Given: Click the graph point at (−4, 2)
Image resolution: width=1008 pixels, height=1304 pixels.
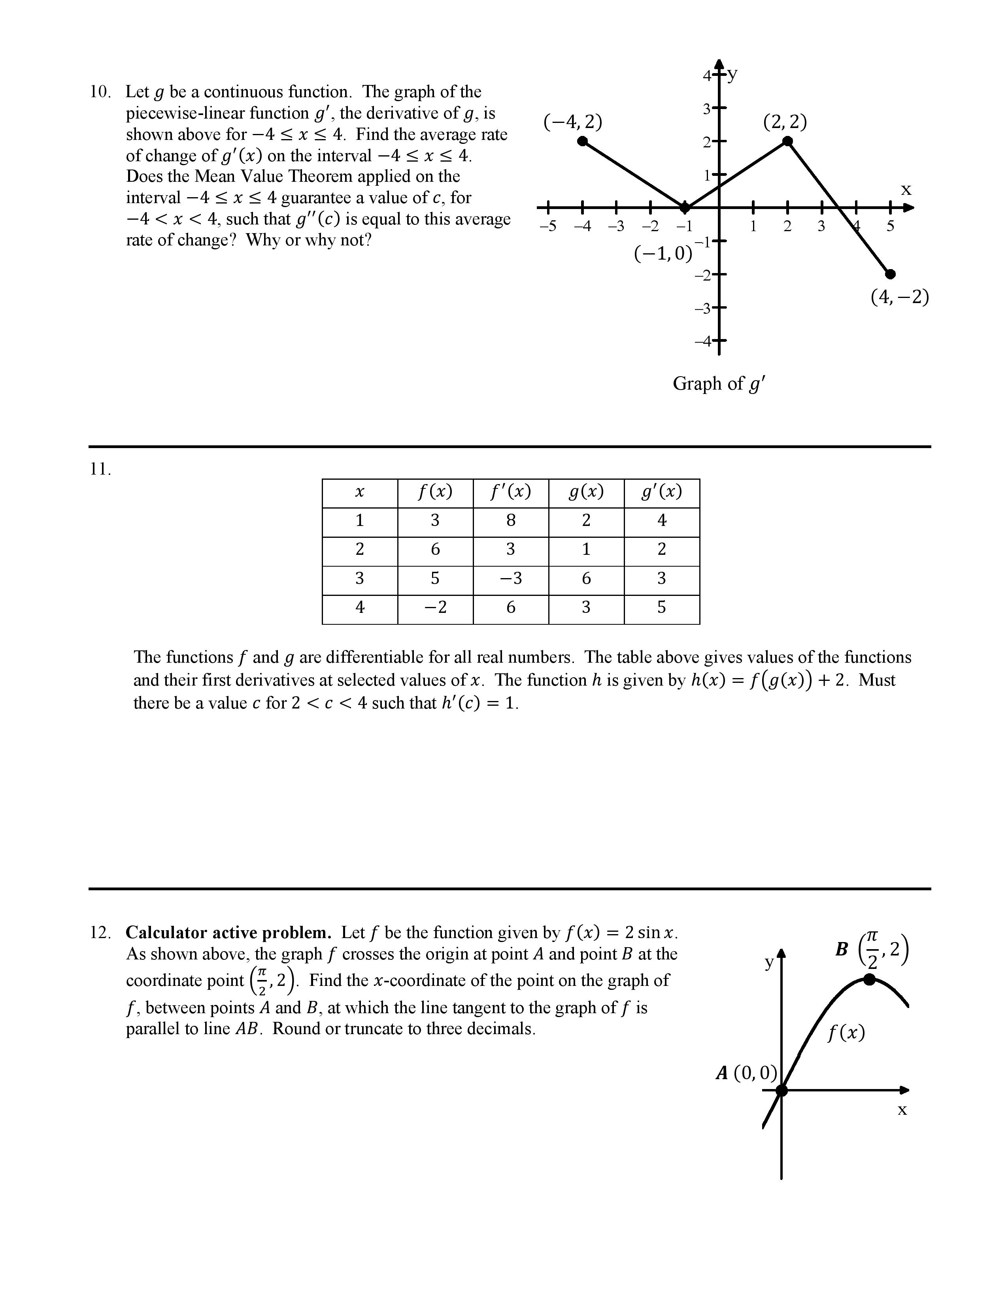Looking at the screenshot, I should click(583, 141).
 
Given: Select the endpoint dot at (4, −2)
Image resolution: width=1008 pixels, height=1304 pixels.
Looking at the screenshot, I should click(890, 274).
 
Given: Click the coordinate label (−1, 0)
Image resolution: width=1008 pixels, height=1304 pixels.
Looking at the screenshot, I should click(663, 253).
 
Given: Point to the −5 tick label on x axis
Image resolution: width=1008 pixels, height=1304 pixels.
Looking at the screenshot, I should click(547, 226).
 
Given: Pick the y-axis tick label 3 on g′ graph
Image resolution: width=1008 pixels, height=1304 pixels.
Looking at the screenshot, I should click(707, 109).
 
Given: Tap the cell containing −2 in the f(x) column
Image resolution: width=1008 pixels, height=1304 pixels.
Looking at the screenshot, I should click(435, 607).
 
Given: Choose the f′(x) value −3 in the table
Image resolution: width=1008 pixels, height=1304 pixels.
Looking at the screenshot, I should click(511, 579).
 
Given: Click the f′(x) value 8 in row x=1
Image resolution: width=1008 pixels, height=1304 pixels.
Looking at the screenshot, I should click(511, 521).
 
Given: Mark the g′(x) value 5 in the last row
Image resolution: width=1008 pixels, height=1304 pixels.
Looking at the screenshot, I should click(662, 607).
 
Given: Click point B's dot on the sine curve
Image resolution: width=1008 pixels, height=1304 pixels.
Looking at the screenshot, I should click(870, 979).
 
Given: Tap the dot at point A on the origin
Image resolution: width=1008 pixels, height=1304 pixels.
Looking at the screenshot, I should click(781, 1090).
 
